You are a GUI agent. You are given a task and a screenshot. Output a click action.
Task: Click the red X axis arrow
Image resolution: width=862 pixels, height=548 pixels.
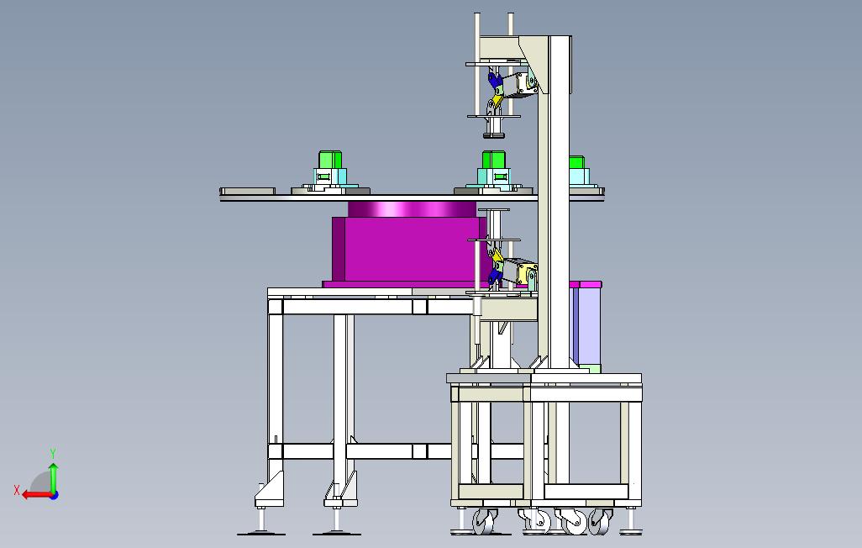36,495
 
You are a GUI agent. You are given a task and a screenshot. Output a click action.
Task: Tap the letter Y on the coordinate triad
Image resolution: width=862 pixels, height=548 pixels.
53,454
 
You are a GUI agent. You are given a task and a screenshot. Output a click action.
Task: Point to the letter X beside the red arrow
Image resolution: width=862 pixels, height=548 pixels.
17,490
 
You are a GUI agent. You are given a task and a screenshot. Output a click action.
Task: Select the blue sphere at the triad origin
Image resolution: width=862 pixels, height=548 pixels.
54,495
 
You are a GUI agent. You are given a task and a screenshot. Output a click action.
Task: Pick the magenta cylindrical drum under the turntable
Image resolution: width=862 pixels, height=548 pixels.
412,209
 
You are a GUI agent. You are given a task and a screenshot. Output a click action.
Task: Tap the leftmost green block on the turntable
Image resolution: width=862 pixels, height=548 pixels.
330,160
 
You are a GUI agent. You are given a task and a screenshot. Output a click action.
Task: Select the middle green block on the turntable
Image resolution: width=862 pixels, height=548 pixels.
494,160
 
